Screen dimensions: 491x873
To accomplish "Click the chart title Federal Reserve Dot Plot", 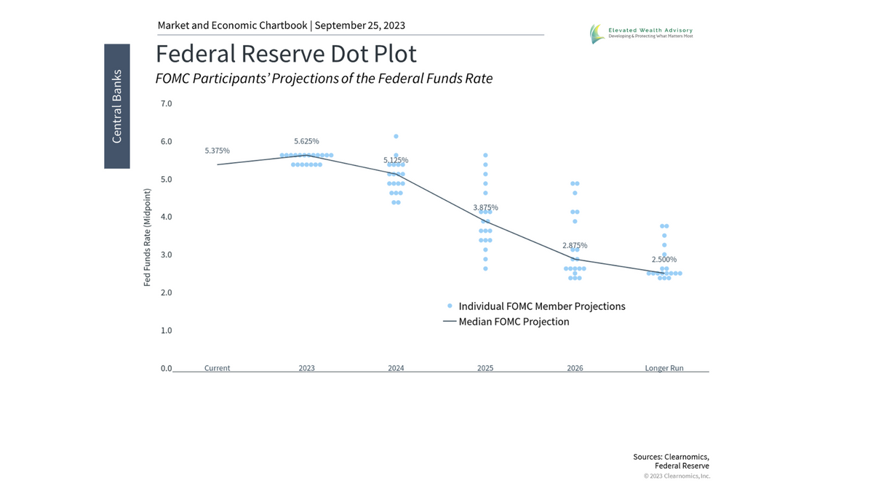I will pos(286,54).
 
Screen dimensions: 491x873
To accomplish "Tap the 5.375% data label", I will pos(217,151).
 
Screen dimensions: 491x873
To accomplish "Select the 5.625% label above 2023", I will pos(306,141).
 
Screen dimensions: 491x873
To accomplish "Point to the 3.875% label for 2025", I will pos(485,207).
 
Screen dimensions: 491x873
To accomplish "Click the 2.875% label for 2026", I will pos(575,245).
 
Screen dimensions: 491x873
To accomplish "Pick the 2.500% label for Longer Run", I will pos(664,259).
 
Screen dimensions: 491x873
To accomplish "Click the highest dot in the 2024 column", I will pos(396,136).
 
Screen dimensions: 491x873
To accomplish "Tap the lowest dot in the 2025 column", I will pos(485,268).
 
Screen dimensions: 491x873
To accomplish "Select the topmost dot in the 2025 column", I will pos(485,155).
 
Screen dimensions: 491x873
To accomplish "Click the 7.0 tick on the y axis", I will pos(166,103).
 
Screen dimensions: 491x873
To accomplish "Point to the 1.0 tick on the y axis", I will pos(166,330).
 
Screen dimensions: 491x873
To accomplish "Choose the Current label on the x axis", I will pos(217,368).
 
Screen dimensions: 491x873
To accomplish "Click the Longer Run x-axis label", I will pos(664,368).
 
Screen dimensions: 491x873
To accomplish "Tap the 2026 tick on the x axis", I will pos(575,368).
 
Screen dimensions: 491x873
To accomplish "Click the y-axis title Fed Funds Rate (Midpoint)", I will pos(147,237).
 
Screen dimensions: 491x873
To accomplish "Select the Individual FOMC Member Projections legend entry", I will pos(541,306).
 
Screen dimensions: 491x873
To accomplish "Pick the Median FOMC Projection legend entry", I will pos(514,322).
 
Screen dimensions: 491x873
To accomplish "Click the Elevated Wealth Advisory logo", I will pos(640,33).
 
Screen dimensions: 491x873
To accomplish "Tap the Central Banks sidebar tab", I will pos(116,106).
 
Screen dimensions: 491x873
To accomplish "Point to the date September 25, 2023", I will pos(359,25).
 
